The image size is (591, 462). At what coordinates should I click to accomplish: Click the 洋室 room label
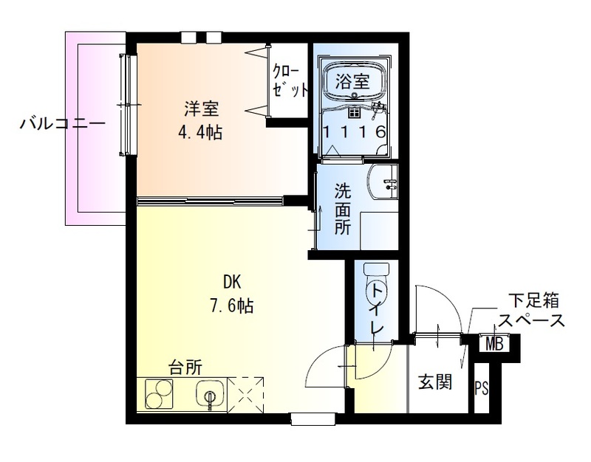(201, 109)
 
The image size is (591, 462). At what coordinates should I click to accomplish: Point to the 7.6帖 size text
(233, 305)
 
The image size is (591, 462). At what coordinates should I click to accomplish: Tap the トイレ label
(378, 308)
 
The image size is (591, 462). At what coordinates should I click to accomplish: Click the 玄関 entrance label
(436, 383)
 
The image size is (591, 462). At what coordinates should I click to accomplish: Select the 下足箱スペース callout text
(532, 311)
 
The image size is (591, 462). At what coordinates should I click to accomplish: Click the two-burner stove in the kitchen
(160, 394)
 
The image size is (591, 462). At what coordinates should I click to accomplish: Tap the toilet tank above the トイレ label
(377, 269)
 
